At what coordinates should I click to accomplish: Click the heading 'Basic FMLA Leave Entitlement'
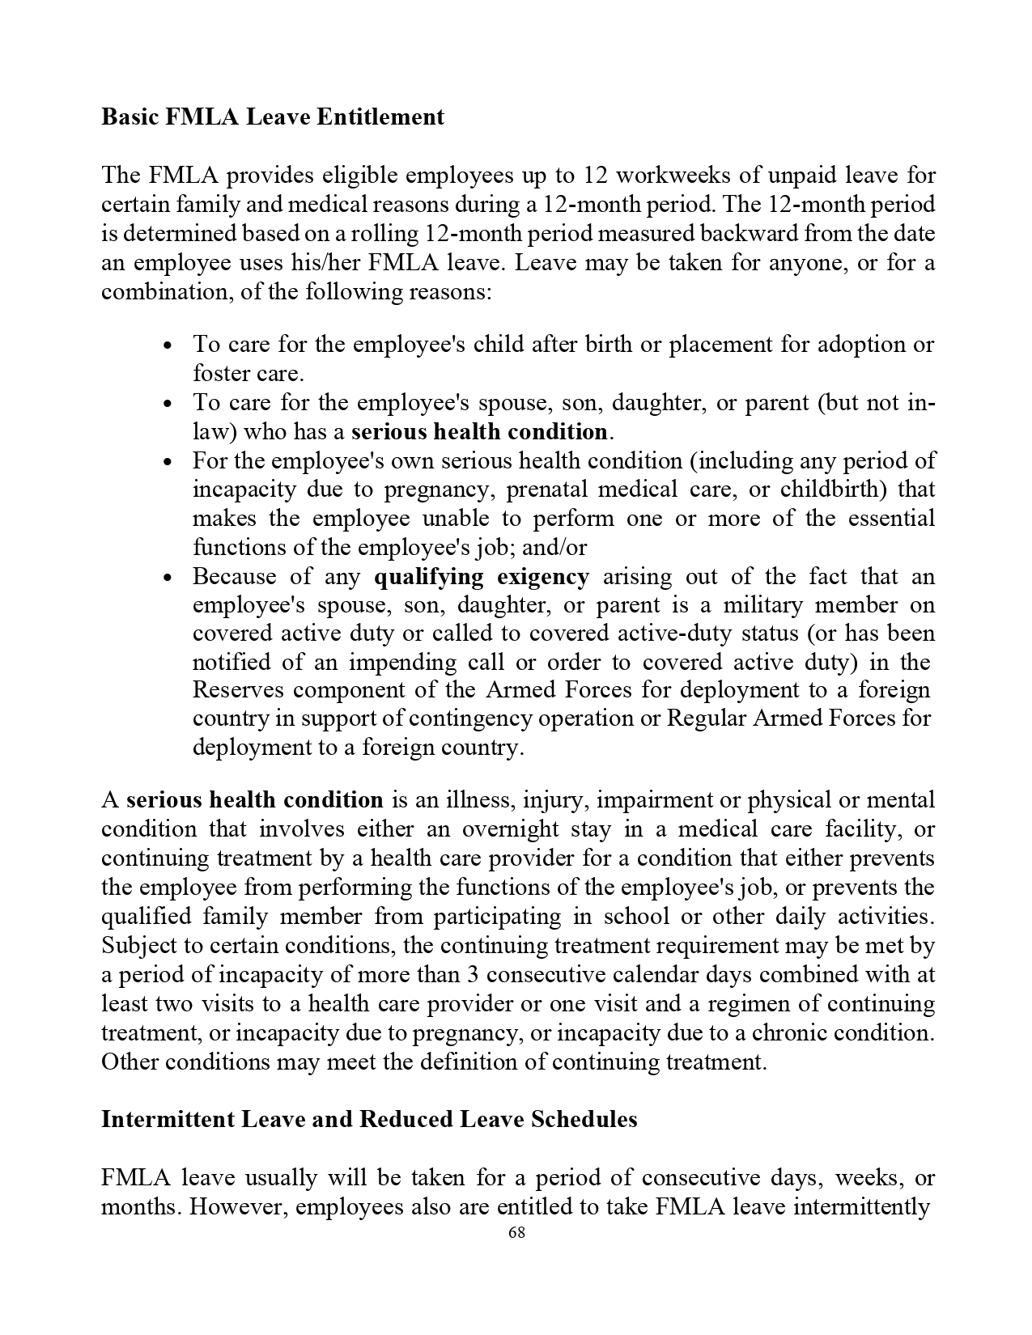click(x=272, y=117)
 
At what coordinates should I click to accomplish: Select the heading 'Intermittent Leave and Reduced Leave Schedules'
click(x=368, y=1119)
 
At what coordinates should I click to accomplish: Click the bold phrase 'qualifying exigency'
click(x=482, y=577)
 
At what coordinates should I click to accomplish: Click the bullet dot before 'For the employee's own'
click(x=167, y=462)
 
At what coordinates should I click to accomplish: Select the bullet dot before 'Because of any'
click(x=167, y=578)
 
